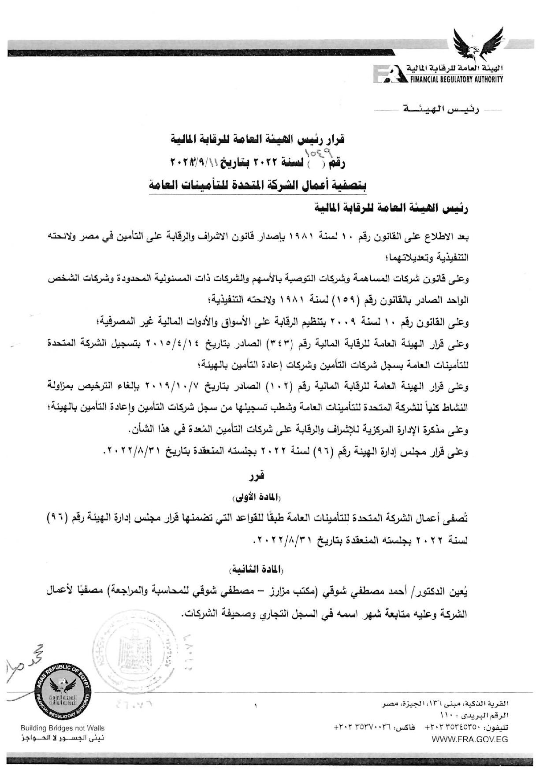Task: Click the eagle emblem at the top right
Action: [x=479, y=44]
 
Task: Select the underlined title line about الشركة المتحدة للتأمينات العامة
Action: [x=257, y=186]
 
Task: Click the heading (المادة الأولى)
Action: [x=257, y=498]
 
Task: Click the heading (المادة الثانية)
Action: [x=257, y=570]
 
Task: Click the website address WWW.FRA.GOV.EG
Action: [x=470, y=739]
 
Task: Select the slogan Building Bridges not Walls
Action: [x=63, y=728]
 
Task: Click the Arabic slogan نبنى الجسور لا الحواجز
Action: [x=63, y=738]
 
